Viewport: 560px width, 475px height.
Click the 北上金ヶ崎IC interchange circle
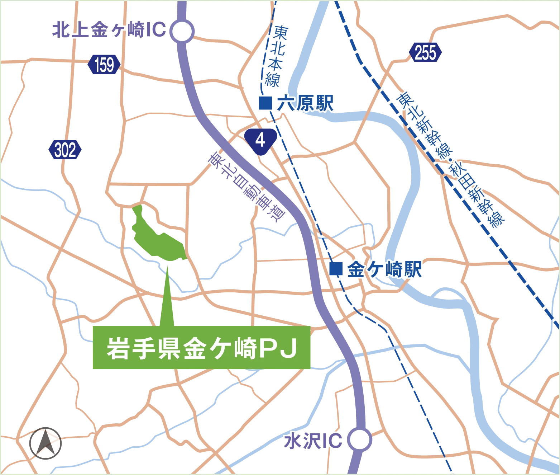coord(183,31)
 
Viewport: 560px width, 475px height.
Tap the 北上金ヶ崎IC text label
coord(109,30)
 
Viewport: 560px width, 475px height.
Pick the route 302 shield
coord(65,150)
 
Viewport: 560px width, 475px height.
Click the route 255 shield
coord(425,53)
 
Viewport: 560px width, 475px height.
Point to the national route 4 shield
coord(260,140)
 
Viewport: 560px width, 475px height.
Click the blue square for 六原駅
coord(265,103)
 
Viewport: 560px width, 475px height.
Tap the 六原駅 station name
coord(305,103)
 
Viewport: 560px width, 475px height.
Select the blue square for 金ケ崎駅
coord(336,269)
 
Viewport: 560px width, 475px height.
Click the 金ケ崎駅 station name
coord(384,270)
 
